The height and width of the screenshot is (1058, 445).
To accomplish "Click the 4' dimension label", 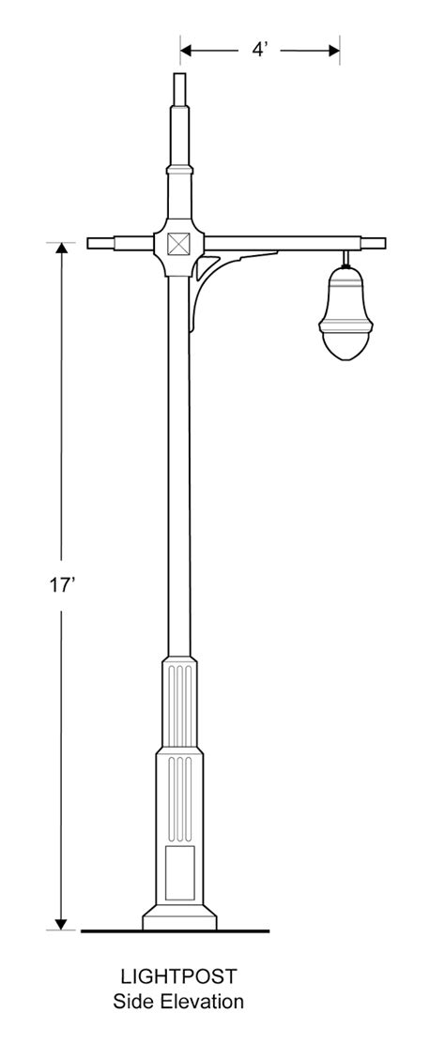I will tap(260, 50).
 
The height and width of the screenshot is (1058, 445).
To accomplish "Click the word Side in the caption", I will tap(133, 1003).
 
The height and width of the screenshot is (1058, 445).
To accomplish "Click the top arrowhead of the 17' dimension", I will tap(62, 249).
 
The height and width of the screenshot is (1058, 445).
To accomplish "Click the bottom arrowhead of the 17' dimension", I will tap(62, 923).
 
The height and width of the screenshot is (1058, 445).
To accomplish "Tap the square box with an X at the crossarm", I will tap(178, 244).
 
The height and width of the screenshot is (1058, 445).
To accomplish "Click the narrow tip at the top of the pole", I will tap(179, 88).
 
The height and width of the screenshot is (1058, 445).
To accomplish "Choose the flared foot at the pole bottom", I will tap(178, 918).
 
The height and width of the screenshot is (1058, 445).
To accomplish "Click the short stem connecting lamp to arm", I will tap(345, 259).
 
